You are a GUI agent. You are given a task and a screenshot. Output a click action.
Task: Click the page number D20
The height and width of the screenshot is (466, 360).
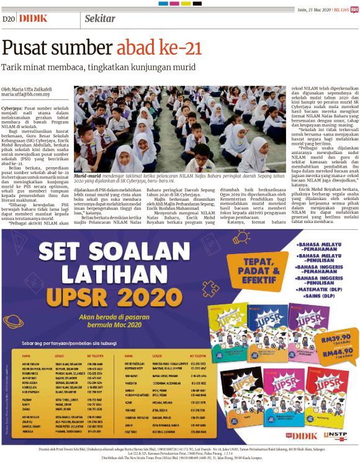(9, 19)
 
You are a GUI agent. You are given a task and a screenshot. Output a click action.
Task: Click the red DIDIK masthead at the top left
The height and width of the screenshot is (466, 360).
(33, 19)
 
